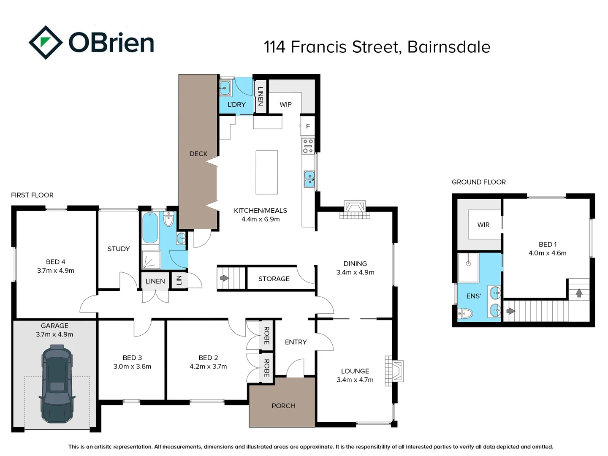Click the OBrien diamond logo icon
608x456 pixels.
[46, 43]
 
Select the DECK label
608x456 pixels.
[198, 154]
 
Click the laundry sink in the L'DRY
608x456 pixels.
[225, 88]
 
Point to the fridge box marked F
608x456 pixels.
[308, 126]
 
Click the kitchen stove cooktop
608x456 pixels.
[308, 146]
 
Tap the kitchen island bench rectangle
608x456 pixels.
[266, 172]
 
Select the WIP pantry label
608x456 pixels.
[285, 104]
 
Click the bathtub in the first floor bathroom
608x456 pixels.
[150, 228]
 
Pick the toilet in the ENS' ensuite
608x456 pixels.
[465, 313]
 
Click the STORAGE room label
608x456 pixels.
[274, 279]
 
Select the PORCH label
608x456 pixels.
[283, 406]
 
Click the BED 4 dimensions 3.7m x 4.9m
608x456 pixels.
[55, 271]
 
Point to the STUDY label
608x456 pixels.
[119, 249]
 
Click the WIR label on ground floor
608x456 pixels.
[483, 225]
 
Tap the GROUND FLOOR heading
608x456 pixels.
[478, 182]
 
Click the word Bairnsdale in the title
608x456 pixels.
[448, 47]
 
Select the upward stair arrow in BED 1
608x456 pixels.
[579, 292]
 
